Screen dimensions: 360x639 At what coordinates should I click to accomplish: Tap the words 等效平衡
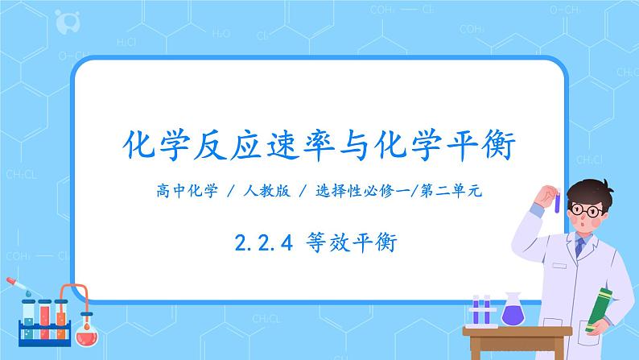tap(353, 239)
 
